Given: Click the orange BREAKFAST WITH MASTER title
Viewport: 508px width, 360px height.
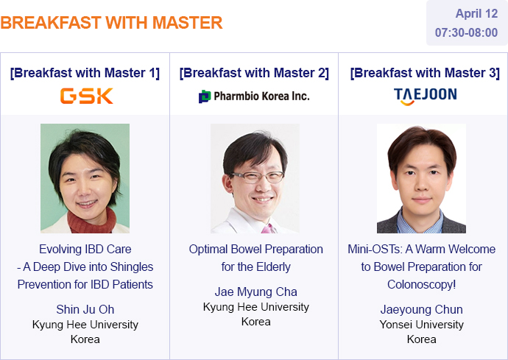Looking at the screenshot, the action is (111, 23).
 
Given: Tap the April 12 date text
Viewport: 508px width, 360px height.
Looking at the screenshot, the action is (476, 13).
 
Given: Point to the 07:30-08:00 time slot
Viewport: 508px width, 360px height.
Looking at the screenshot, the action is (466, 32).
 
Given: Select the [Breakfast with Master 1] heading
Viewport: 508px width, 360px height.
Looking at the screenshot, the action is (85, 73).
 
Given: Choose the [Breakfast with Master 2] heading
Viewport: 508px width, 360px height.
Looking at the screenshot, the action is (254, 73).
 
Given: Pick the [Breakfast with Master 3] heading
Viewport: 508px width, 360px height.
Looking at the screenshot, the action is (425, 73).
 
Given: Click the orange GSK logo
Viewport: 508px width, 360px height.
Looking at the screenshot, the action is (86, 96).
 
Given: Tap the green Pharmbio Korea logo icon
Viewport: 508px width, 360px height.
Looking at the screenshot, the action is (205, 96).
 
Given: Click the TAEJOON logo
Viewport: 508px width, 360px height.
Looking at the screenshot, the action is (425, 96).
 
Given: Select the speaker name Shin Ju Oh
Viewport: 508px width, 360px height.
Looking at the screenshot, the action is (85, 309).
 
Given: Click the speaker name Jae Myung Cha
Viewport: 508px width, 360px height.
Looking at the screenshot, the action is (256, 292).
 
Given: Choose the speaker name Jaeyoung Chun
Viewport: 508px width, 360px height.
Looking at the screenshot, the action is (422, 309).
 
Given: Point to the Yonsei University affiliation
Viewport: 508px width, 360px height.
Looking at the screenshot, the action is (422, 325).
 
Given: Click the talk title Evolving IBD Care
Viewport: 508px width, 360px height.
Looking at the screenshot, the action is (85, 249).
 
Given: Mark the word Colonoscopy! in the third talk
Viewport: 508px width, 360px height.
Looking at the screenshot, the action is (422, 284).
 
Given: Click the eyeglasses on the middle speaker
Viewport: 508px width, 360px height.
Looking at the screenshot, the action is (258, 177).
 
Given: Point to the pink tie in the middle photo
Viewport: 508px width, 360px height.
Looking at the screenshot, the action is (268, 229).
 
